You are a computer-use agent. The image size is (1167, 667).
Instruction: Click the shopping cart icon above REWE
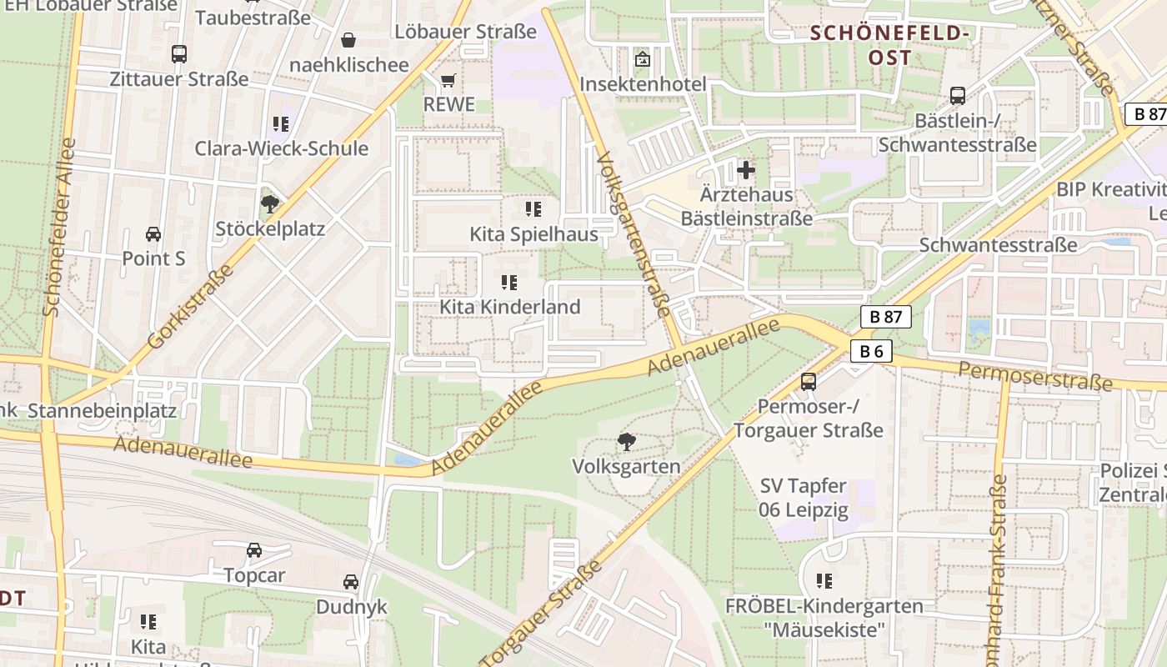pos(448,81)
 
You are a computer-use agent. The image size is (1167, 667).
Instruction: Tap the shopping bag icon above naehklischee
pos(348,40)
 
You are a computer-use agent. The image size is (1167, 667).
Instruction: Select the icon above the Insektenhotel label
pos(642,59)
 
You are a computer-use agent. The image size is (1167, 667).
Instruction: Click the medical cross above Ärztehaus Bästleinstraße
pos(746,170)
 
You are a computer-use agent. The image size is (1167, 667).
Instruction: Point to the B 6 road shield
pos(871,351)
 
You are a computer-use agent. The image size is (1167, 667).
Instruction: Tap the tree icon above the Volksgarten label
pos(626,442)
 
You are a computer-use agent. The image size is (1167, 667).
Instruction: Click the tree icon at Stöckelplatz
pos(269,203)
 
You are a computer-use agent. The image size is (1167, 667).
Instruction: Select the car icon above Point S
pos(153,233)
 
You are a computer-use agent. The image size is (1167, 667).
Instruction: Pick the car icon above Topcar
pos(254,550)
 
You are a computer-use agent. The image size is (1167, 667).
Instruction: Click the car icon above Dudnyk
pos(351,582)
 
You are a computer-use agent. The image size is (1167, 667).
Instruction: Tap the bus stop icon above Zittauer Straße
pos(179,54)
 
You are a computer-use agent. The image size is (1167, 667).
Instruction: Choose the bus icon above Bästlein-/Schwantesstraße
pos(957,96)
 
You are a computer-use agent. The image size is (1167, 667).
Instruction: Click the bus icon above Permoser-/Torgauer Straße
pos(808,382)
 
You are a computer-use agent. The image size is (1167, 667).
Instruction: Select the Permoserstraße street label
pos(1035,376)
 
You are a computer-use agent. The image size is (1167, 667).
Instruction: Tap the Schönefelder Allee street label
pos(59,227)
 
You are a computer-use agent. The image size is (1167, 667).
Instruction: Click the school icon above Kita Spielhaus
pos(533,208)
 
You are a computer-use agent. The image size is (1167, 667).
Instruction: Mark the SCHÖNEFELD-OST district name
pos(889,45)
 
